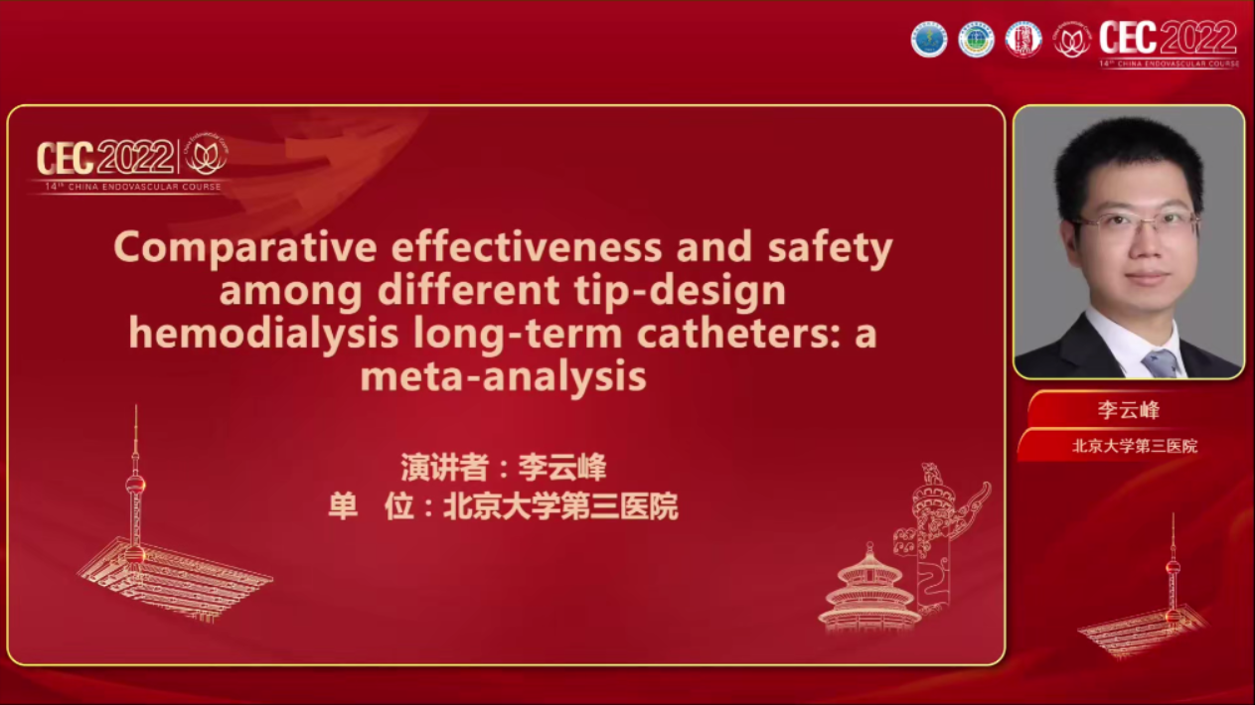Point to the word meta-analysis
(x=503, y=376)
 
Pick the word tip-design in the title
(x=685, y=291)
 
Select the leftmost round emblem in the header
(x=929, y=40)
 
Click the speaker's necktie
(x=1159, y=362)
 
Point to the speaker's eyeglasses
(x=1136, y=223)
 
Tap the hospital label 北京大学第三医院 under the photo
(x=1134, y=446)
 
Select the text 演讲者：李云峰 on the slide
(x=503, y=467)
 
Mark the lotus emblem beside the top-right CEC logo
(x=1071, y=40)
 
